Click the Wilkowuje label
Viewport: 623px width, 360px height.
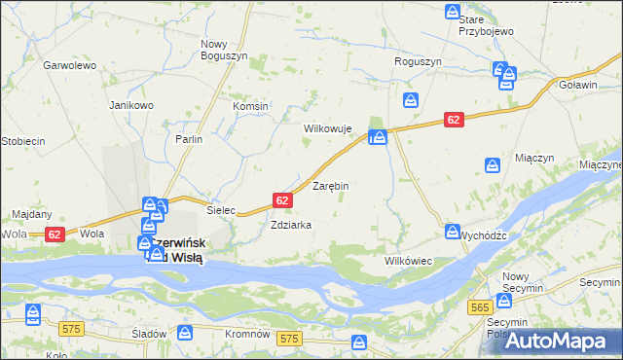[327, 128]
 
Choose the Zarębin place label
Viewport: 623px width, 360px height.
[330, 185]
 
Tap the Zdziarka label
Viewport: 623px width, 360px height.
[291, 225]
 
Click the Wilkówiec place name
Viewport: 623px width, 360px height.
[408, 262]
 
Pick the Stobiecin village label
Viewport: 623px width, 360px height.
[22, 141]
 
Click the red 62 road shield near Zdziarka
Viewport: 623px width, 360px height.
[282, 200]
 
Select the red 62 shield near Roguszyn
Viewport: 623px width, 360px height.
[454, 119]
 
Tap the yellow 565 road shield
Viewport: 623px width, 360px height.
[479, 306]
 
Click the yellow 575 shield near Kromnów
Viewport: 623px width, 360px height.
[288, 339]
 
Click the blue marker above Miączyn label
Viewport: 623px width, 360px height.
[494, 164]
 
